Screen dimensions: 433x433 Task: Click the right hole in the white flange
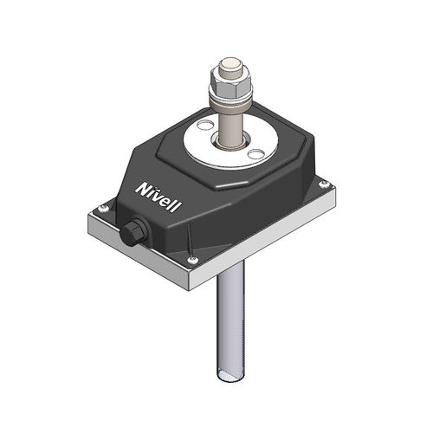255,154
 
